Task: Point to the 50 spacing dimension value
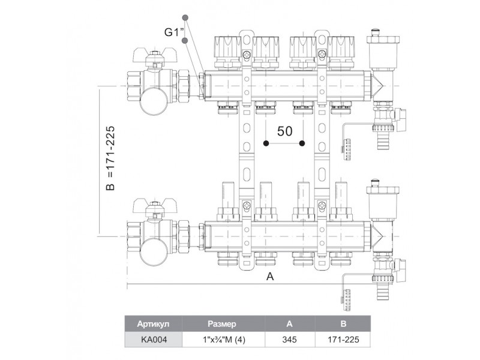tap(284, 131)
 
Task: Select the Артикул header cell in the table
tap(154, 323)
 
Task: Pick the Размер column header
tap(224, 323)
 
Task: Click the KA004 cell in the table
tap(154, 340)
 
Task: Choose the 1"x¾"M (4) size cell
tap(224, 340)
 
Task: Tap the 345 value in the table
tap(290, 340)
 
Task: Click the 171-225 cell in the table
tap(344, 340)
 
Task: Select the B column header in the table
tap(344, 323)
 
